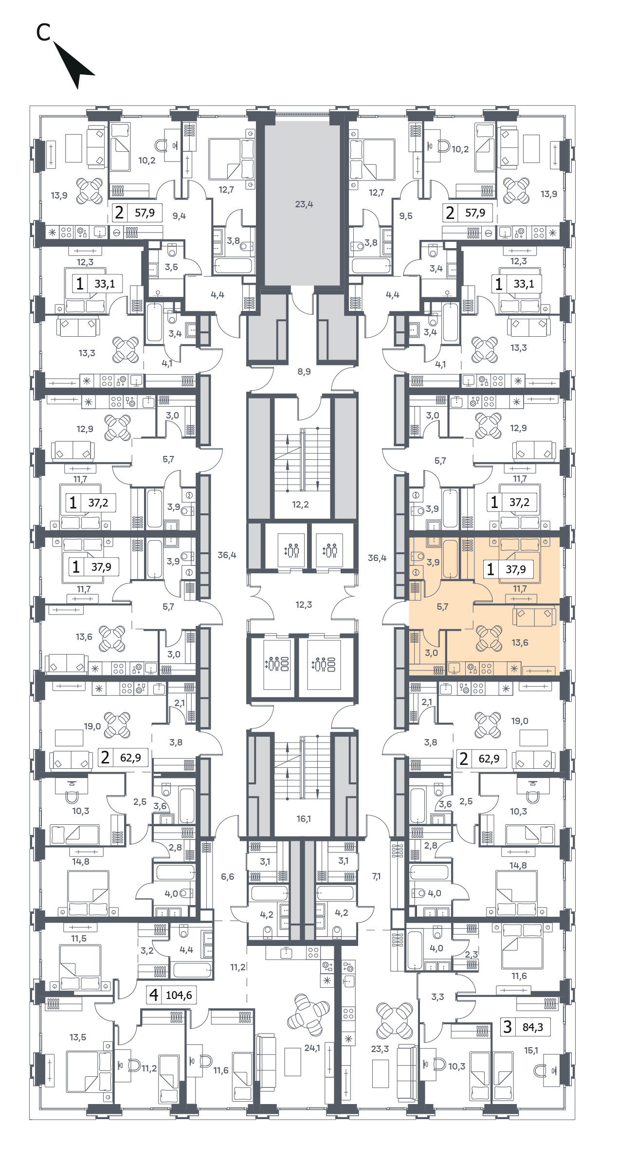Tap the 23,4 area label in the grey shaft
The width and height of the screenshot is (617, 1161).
[304, 204]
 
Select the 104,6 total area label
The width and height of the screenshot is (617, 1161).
[179, 996]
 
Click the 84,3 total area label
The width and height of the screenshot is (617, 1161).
[533, 1027]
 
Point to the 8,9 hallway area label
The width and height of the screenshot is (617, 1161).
[304, 372]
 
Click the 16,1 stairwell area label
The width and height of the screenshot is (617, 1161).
[304, 819]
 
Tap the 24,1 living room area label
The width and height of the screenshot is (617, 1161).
[312, 1048]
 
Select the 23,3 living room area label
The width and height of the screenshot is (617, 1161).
[380, 1049]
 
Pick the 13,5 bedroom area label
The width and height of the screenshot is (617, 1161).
[78, 1037]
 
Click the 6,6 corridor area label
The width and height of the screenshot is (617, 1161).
[227, 877]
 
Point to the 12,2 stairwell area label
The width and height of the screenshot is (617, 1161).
[300, 505]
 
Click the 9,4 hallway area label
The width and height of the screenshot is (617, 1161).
[179, 216]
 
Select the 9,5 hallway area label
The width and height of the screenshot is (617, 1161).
[406, 216]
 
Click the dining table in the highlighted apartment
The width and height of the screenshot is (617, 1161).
[489, 638]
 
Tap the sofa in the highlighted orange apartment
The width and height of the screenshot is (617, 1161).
[534, 617]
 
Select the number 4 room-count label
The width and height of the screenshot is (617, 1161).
[154, 995]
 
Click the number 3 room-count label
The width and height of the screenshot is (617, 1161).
[508, 1027]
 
